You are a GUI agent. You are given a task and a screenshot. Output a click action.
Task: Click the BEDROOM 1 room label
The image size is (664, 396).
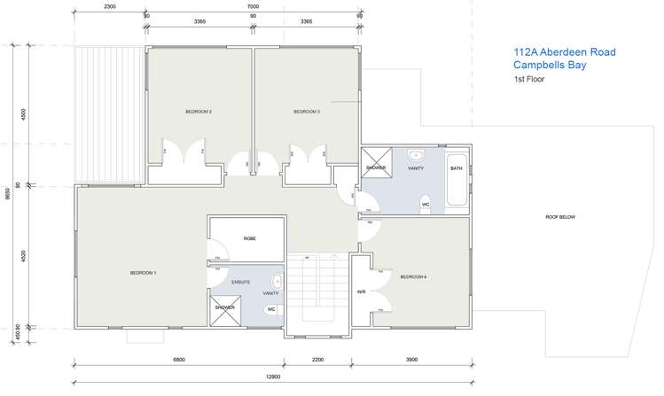[x=143, y=273]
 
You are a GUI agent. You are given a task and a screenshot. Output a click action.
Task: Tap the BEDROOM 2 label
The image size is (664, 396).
[x=198, y=112]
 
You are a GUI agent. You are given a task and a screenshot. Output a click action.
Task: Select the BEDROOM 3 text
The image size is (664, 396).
[x=307, y=112]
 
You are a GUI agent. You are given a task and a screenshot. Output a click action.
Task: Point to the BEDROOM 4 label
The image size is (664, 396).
[x=413, y=277]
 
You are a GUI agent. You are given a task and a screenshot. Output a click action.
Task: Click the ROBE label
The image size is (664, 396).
[x=249, y=239]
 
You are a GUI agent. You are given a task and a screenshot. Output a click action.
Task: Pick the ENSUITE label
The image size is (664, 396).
[x=241, y=282]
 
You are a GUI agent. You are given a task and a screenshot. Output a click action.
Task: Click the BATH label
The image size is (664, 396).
[x=456, y=168]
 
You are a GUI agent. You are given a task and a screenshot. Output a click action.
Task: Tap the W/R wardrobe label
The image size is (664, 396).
[x=361, y=291]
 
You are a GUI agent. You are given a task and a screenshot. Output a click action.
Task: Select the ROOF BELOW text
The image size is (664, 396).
[x=560, y=216]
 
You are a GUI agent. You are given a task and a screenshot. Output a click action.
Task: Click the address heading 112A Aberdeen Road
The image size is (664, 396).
[x=564, y=52]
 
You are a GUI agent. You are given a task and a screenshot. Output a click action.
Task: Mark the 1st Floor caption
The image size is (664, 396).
[x=529, y=80]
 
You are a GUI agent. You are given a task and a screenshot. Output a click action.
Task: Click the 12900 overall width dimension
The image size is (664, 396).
[x=273, y=377]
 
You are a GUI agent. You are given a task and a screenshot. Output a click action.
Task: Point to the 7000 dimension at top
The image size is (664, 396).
[x=254, y=6]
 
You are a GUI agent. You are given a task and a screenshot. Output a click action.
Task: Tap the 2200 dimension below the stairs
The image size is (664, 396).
[x=317, y=361]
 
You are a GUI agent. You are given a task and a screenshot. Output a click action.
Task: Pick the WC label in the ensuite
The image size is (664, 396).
[x=271, y=309]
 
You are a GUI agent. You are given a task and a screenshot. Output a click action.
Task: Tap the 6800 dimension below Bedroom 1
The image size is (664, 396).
[x=178, y=361]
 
